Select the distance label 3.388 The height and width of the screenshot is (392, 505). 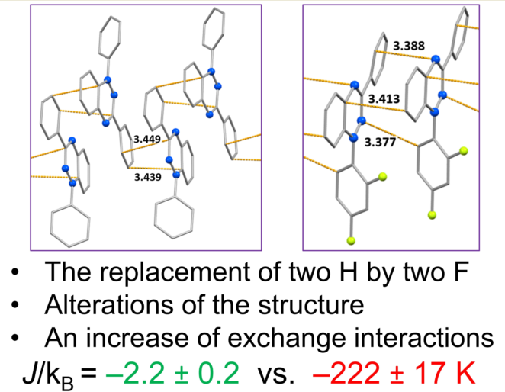(x=409, y=47)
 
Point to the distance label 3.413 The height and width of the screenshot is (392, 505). (x=383, y=99)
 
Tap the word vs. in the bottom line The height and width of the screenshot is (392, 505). (x=285, y=374)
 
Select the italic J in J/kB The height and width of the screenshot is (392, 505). (x=35, y=374)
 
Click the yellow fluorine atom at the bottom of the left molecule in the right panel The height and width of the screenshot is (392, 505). (x=352, y=241)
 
